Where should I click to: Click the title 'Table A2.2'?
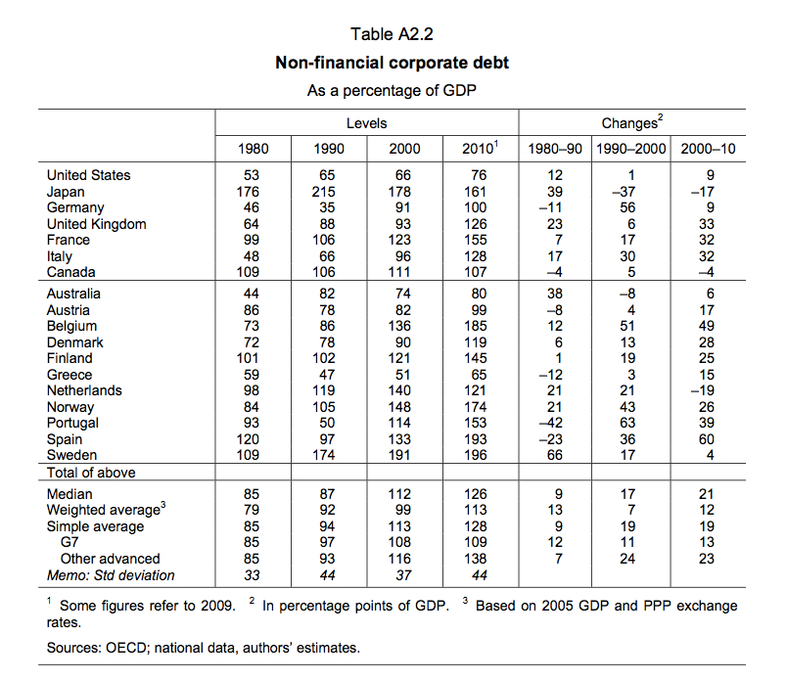click(392, 34)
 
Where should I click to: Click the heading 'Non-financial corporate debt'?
click(392, 64)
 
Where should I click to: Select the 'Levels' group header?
click(366, 123)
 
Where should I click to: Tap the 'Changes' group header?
click(631, 123)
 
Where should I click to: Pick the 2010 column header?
click(479, 150)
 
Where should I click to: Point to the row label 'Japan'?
click(66, 192)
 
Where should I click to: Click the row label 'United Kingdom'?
click(96, 224)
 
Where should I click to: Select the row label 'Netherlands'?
click(84, 390)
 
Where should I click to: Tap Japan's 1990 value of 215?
click(328, 192)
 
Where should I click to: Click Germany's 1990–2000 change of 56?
click(629, 207)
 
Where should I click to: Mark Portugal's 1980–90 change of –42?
click(555, 423)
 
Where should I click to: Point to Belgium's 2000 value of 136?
click(403, 326)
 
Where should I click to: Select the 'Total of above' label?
click(91, 473)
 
